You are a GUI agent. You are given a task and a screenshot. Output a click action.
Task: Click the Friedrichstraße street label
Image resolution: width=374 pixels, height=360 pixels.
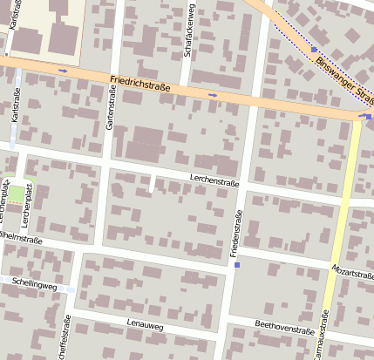tap(140, 85)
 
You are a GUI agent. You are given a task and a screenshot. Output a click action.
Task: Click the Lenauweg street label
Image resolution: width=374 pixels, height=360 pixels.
tap(145, 324)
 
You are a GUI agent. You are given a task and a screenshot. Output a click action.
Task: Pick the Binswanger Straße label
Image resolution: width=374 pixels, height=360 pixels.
tap(340, 69)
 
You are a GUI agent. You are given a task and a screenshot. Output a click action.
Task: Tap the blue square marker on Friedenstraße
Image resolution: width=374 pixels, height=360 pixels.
tap(236, 265)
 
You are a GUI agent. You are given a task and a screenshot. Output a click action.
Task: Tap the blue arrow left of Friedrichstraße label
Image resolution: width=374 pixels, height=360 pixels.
tap(63, 70)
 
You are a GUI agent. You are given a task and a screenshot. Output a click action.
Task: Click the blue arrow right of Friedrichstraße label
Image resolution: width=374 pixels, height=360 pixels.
tap(213, 93)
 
